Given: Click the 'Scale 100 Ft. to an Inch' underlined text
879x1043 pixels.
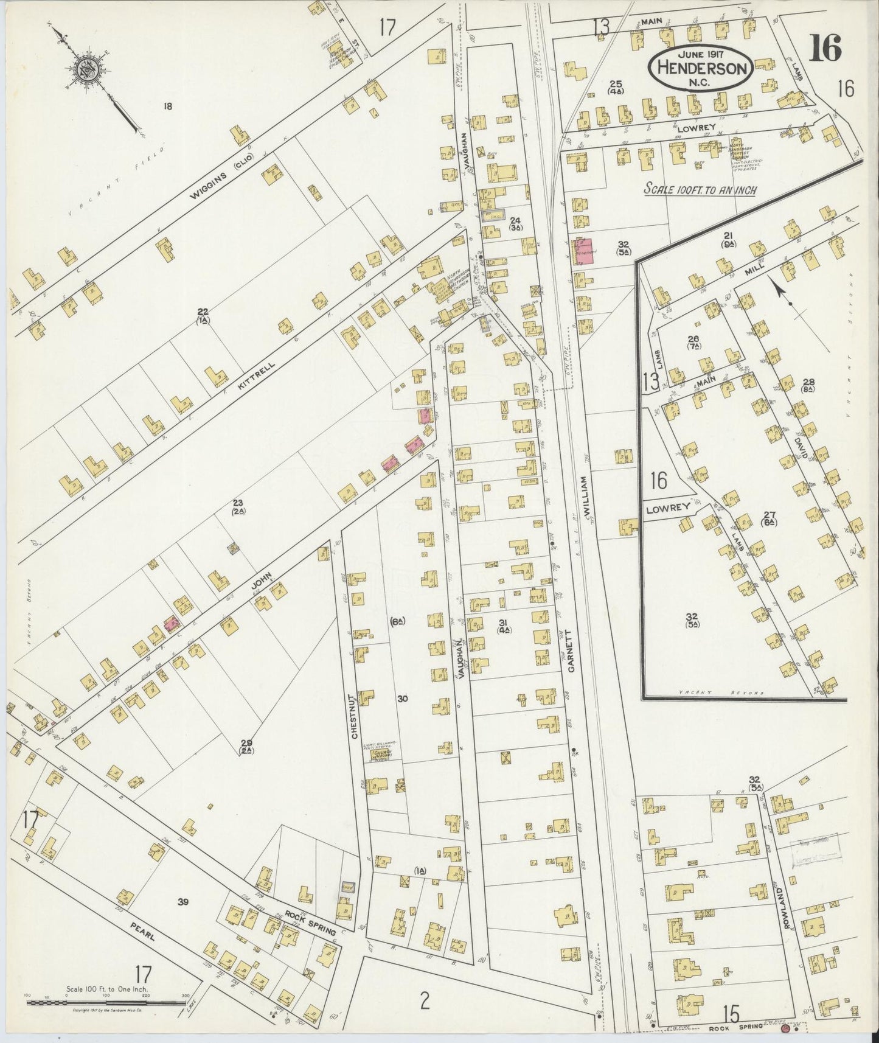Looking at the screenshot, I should pyautogui.click(x=700, y=190).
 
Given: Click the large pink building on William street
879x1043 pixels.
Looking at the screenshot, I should pyautogui.click(x=585, y=251).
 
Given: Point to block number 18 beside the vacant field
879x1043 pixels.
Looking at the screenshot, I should pyautogui.click(x=167, y=106).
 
